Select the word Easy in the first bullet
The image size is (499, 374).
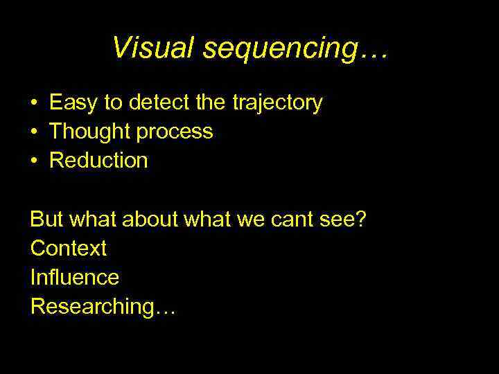[x=73, y=104]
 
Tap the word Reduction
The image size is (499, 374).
[x=99, y=161]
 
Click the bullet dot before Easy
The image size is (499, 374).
[x=34, y=104]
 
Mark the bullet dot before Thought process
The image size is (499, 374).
[x=34, y=132]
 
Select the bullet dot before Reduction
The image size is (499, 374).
[x=34, y=161]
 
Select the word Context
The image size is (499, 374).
[x=69, y=248]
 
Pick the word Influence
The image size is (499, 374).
[x=75, y=277]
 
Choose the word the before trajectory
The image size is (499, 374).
[x=210, y=103]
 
